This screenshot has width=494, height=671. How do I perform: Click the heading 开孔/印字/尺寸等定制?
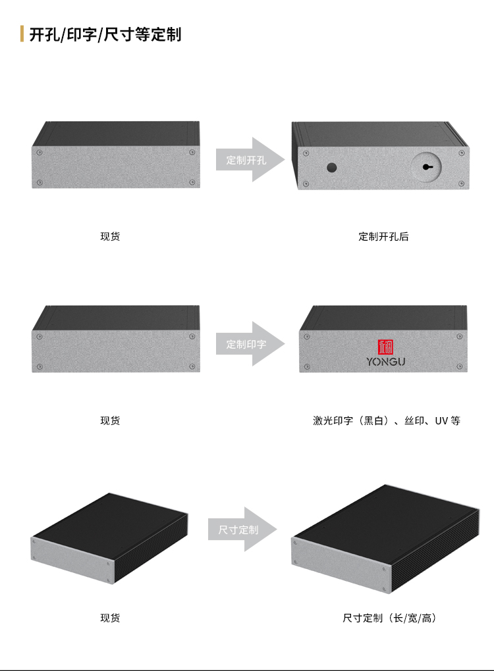click(105, 34)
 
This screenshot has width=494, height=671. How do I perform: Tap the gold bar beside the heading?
click(22, 34)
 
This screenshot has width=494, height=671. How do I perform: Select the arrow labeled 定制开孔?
click(250, 160)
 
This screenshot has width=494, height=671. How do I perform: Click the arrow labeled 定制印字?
click(250, 343)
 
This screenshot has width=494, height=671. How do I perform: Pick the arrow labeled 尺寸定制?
click(242, 530)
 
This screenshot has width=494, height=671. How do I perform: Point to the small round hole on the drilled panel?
click(331, 167)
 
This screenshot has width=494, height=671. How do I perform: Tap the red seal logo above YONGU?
click(385, 347)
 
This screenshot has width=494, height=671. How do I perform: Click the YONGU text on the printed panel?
click(385, 362)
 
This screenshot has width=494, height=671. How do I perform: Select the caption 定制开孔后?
click(383, 237)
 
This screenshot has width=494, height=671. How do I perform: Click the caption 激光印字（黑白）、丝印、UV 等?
click(387, 420)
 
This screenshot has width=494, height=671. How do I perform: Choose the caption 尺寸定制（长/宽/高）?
click(389, 618)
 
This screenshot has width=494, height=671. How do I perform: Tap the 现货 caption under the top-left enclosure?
click(110, 237)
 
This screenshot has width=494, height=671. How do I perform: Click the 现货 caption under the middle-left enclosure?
click(110, 420)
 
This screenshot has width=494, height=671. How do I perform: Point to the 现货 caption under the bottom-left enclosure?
click(110, 618)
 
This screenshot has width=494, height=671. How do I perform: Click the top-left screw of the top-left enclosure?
click(40, 153)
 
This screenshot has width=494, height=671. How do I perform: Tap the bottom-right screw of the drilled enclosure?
click(462, 184)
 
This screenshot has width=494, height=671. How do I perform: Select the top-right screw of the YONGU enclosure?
click(459, 337)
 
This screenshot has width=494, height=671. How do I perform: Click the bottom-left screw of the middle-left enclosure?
click(40, 366)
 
